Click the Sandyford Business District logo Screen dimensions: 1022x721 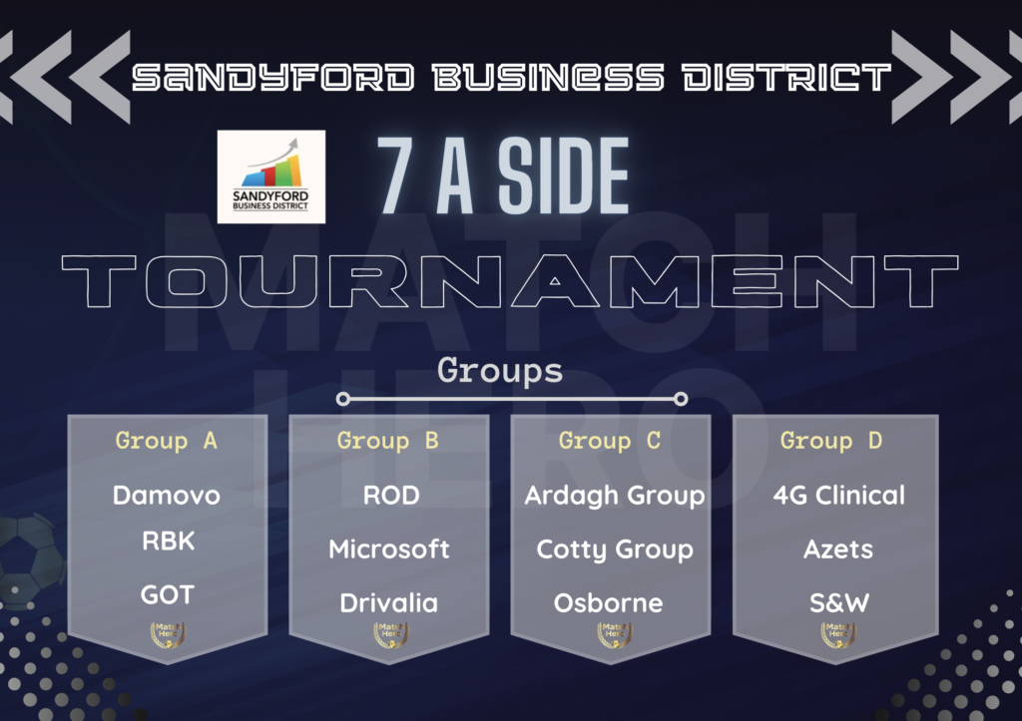[x=271, y=177]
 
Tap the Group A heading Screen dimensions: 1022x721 [x=167, y=441]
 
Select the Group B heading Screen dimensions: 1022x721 [x=388, y=441]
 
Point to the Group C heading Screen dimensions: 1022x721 [x=610, y=441]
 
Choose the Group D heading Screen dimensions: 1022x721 [x=831, y=441]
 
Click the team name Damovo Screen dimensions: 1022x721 [x=167, y=496]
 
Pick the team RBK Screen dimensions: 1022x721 [x=168, y=541]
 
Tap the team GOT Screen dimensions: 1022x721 [x=168, y=594]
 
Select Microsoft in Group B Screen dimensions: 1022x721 [x=389, y=549]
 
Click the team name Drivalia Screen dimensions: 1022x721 [x=389, y=603]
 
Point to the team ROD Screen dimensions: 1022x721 [x=391, y=496]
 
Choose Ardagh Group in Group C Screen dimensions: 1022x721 [x=615, y=497]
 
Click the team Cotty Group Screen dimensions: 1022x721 [x=615, y=550]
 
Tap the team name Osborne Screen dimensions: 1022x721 [x=608, y=603]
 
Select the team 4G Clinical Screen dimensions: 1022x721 [x=838, y=496]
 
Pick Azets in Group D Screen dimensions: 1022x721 [x=838, y=549]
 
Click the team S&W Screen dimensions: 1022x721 [x=838, y=603]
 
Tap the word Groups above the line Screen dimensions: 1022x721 [x=500, y=371]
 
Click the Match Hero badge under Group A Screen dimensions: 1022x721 [x=168, y=634]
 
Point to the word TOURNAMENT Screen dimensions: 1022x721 [x=510, y=281]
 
